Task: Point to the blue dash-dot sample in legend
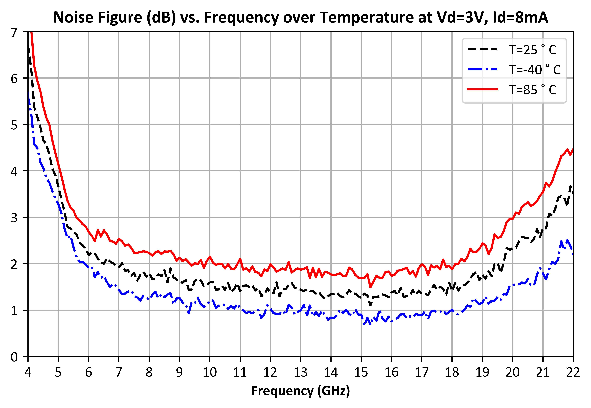click(483, 69)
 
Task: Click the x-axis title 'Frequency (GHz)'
click(301, 391)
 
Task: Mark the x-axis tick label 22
click(573, 372)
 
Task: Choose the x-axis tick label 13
click(301, 372)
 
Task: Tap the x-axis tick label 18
click(452, 372)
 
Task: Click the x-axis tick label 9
click(179, 372)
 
